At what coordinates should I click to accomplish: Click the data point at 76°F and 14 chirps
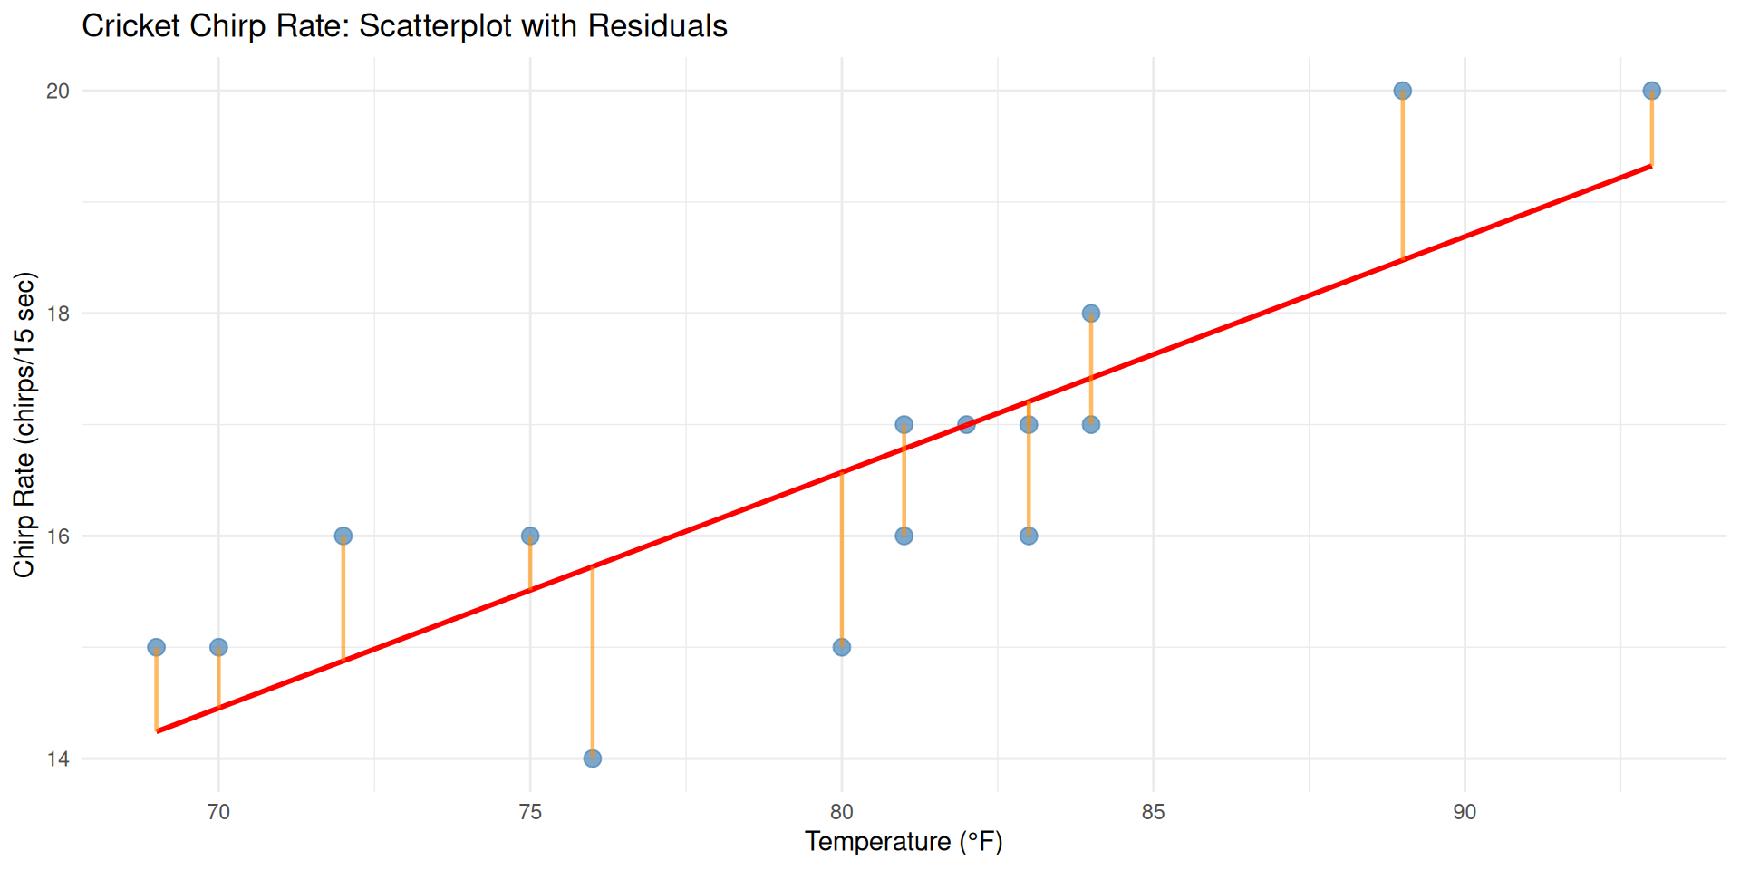click(592, 759)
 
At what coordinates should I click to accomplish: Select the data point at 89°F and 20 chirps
click(1402, 91)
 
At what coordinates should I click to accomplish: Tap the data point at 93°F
click(1651, 91)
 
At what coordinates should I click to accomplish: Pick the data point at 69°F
click(156, 647)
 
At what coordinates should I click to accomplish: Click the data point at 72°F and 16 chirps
click(343, 536)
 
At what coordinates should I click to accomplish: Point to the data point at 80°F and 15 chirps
click(842, 647)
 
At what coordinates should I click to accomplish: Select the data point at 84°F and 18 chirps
click(1091, 314)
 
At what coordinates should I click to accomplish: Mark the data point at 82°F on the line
click(966, 424)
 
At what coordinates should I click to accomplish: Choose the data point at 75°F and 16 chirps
click(530, 536)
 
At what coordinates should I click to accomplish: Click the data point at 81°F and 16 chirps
click(904, 536)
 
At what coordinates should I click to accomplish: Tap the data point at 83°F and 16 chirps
click(1029, 536)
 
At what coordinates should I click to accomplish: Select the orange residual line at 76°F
click(592, 662)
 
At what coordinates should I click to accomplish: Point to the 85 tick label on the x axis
click(1153, 812)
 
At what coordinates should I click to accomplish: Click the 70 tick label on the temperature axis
click(218, 812)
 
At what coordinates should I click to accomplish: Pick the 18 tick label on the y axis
click(58, 314)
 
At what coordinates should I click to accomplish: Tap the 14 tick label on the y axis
click(58, 759)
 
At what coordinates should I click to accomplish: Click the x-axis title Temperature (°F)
click(904, 842)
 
